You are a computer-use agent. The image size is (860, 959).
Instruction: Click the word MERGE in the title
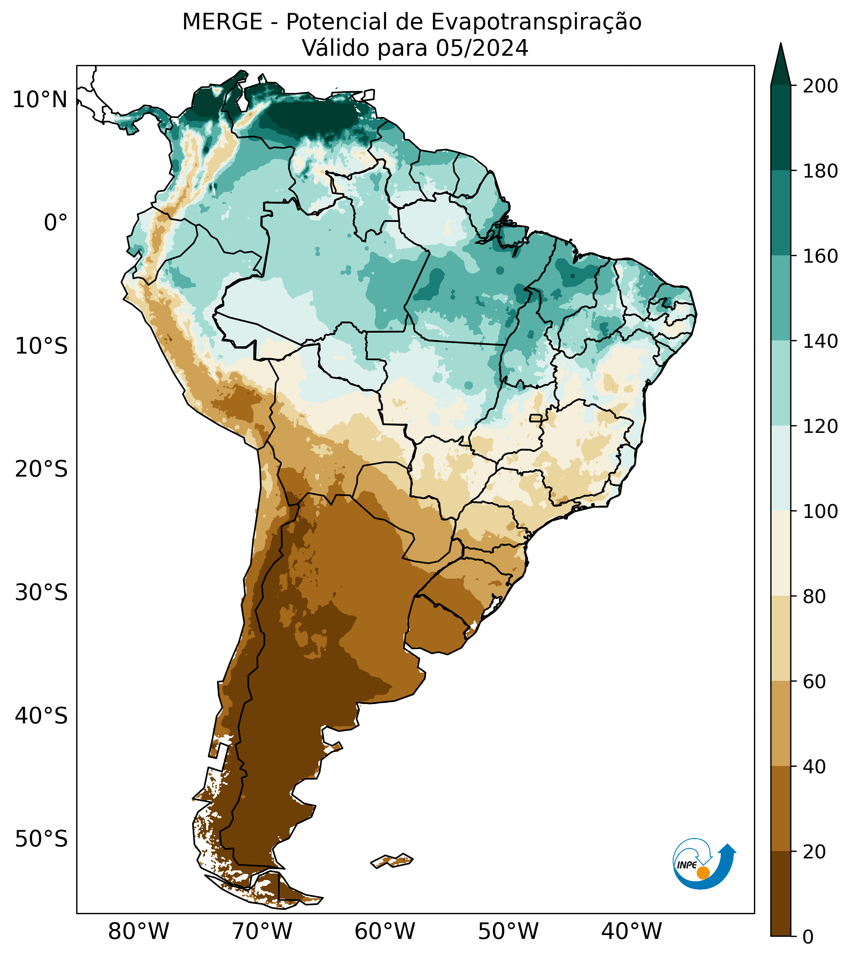coord(222,22)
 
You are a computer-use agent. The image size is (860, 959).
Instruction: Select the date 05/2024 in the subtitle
coord(482,48)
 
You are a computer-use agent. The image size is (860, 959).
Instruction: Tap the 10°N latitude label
coord(40,100)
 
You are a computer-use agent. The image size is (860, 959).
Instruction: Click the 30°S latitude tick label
coord(41,593)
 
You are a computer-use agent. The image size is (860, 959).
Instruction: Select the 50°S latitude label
coord(41,839)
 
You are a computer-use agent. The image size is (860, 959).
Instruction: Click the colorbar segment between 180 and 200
coord(781,128)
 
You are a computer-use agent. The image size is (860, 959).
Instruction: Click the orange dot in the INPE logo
coord(703,873)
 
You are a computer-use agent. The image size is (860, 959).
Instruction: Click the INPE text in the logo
coord(687,865)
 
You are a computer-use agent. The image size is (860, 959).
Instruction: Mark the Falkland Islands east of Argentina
coord(392,861)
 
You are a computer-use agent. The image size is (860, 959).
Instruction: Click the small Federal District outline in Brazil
coord(535,418)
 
